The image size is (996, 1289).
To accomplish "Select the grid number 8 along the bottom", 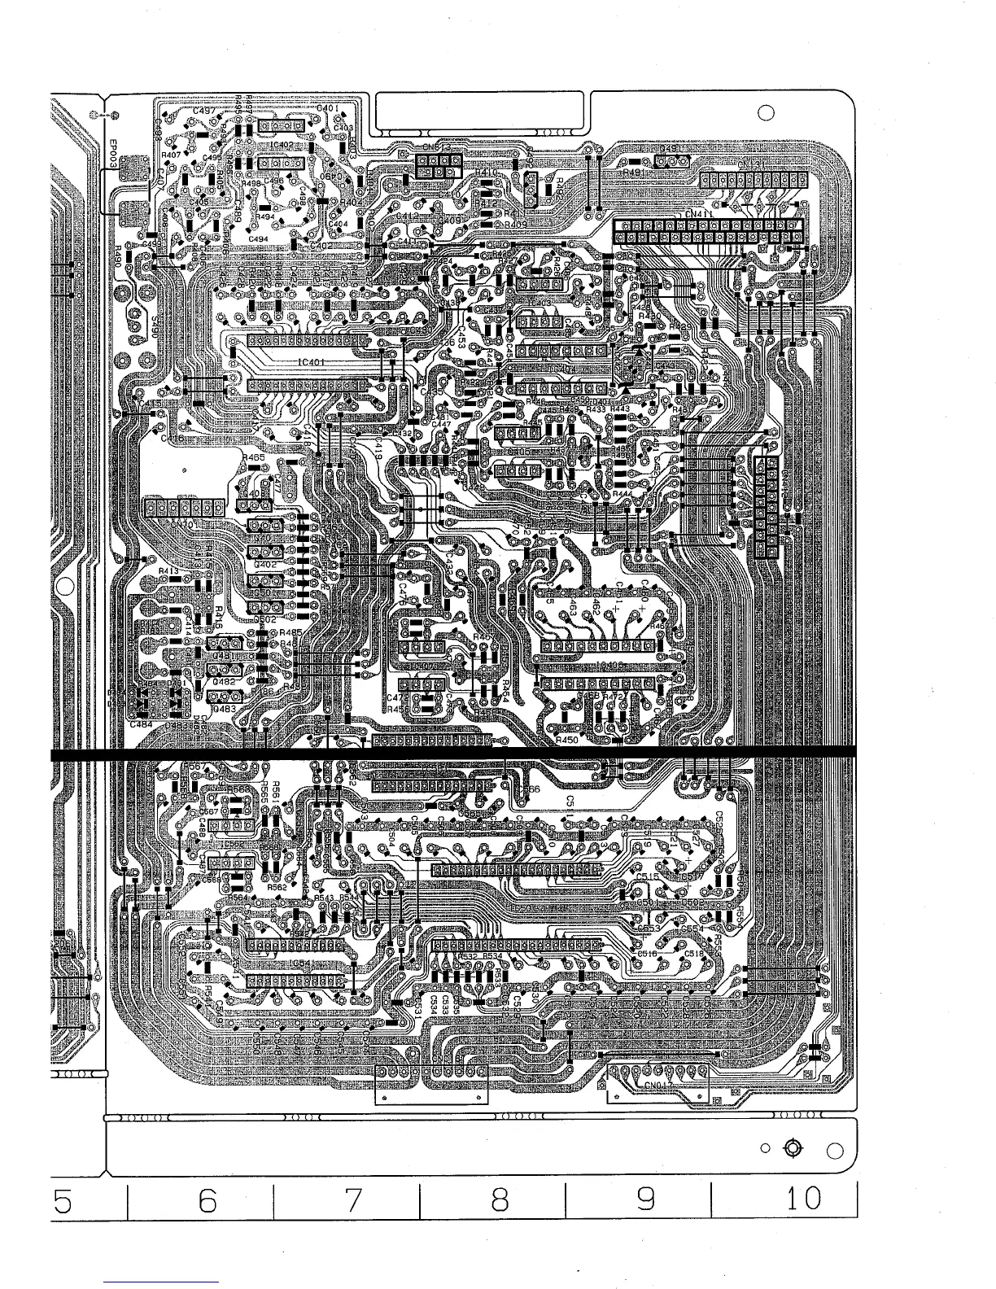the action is pyautogui.click(x=499, y=1199).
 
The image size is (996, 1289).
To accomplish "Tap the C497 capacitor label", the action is pyautogui.click(x=203, y=110).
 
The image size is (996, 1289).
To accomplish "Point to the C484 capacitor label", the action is pyautogui.click(x=141, y=724).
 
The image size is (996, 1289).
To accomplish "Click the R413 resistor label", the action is pyautogui.click(x=168, y=571).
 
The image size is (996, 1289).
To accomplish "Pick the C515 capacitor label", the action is pyautogui.click(x=648, y=877).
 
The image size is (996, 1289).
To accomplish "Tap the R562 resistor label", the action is pyautogui.click(x=277, y=887).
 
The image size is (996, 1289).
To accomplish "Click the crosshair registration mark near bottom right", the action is pyautogui.click(x=793, y=1148).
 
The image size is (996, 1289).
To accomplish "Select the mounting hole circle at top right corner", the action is pyautogui.click(x=765, y=114).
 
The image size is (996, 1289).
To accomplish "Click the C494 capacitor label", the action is pyautogui.click(x=259, y=238).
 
